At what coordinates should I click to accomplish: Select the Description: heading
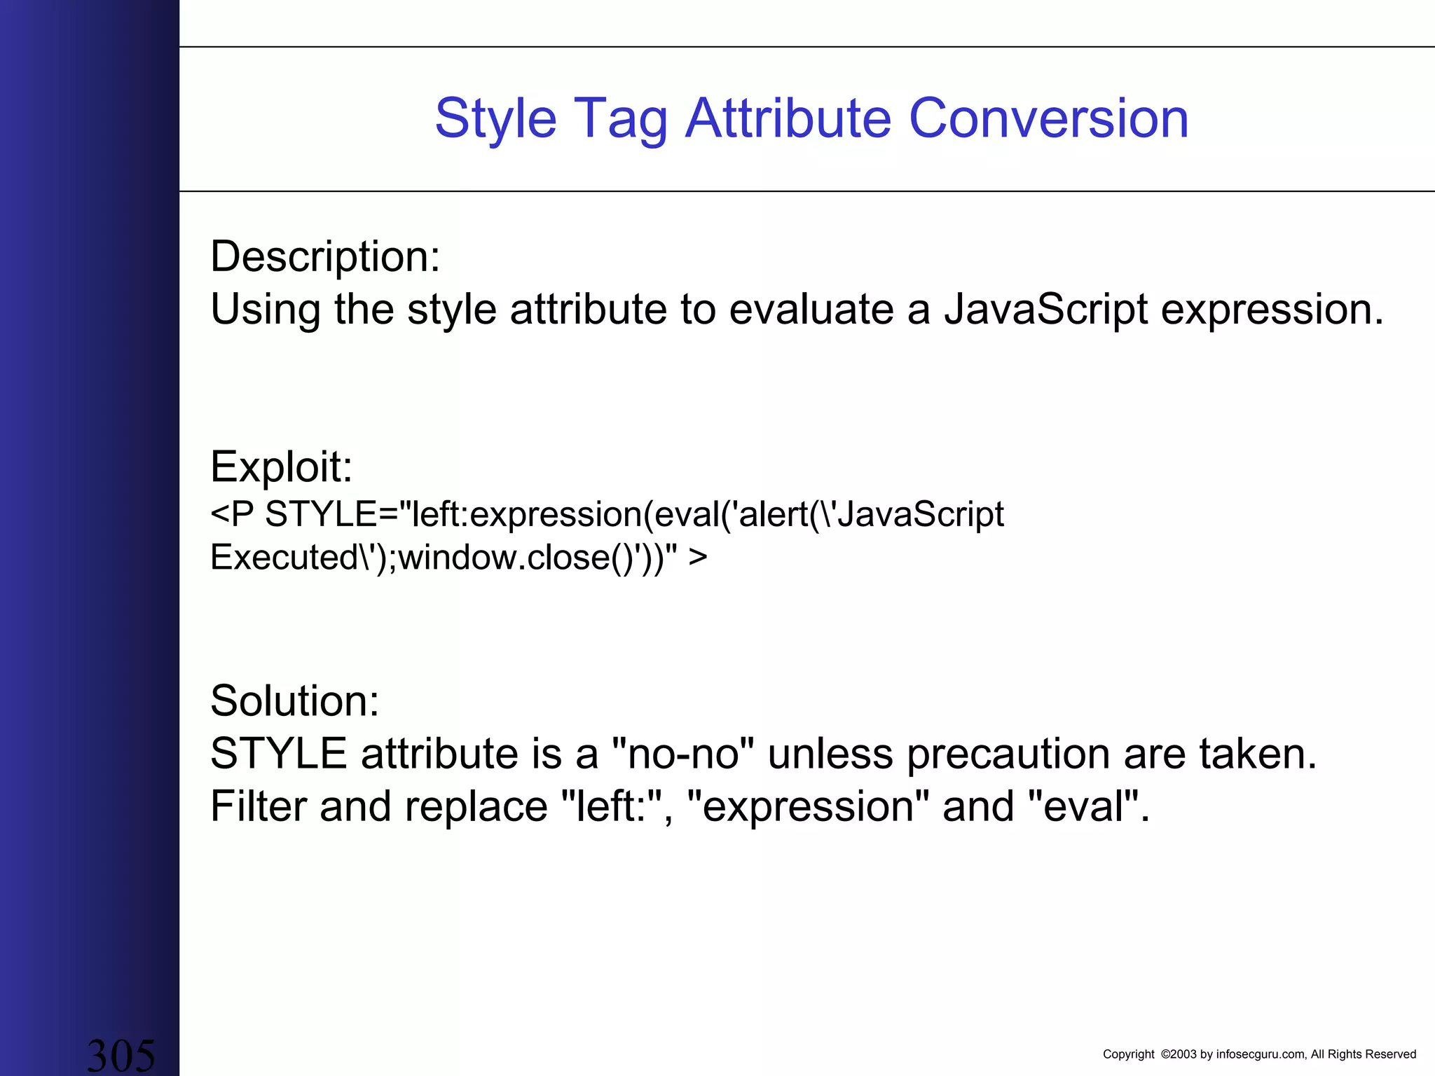pos(325,256)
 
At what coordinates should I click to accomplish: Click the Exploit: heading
pos(281,467)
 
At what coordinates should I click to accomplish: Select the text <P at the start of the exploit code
pos(232,514)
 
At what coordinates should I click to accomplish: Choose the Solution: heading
pos(294,701)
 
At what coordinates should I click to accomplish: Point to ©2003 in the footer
pos(1179,1054)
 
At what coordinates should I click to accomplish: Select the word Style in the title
pos(495,119)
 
